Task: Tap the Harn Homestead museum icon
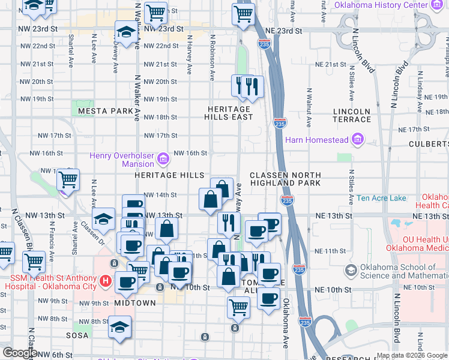pyautogui.click(x=359, y=140)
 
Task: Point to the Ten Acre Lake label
pyautogui.click(x=381, y=198)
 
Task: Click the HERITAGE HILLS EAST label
pyautogui.click(x=229, y=113)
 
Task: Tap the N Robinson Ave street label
pyautogui.click(x=212, y=57)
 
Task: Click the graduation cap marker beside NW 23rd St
pyautogui.click(x=127, y=34)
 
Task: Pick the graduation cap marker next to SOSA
pyautogui.click(x=120, y=328)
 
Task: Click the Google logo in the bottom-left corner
pyautogui.click(x=19, y=353)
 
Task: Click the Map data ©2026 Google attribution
pyautogui.click(x=412, y=355)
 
